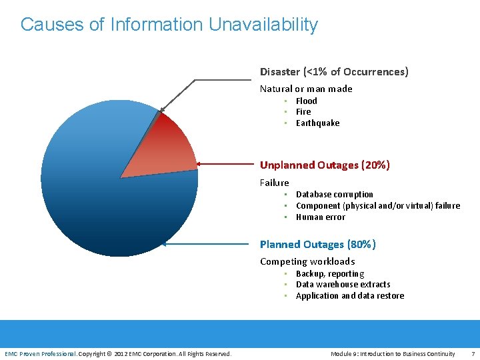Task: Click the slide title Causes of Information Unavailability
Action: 169,25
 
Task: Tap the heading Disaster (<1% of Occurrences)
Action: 334,71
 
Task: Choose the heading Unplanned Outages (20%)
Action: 325,165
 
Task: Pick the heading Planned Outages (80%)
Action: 318,244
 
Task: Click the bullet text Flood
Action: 307,101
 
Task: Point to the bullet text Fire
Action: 303,112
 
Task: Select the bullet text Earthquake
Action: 317,123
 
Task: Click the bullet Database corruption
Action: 335,195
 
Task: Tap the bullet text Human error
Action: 321,217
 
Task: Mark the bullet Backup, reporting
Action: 330,274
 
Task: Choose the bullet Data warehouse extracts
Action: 343,285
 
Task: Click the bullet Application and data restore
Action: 350,296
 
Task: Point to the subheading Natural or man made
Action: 306,89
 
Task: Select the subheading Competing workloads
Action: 307,261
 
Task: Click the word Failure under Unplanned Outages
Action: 275,183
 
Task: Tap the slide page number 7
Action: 473,353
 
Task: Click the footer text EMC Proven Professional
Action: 40,353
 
